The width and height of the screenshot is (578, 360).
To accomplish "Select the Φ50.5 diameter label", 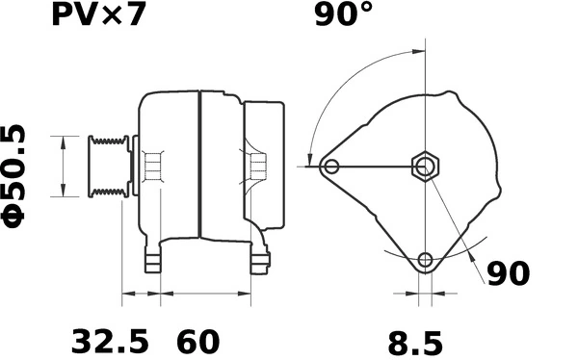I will (16, 174).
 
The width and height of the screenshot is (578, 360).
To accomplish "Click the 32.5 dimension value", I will (110, 341).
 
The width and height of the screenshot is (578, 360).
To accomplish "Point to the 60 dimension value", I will (198, 341).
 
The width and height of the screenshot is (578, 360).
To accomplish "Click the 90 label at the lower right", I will (507, 273).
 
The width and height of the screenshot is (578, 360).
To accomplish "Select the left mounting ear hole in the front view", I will (331, 167).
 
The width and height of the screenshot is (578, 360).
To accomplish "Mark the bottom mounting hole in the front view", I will (425, 259).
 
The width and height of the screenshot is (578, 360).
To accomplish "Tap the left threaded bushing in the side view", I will (150, 167).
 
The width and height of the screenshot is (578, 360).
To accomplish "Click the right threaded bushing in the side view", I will (257, 167).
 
